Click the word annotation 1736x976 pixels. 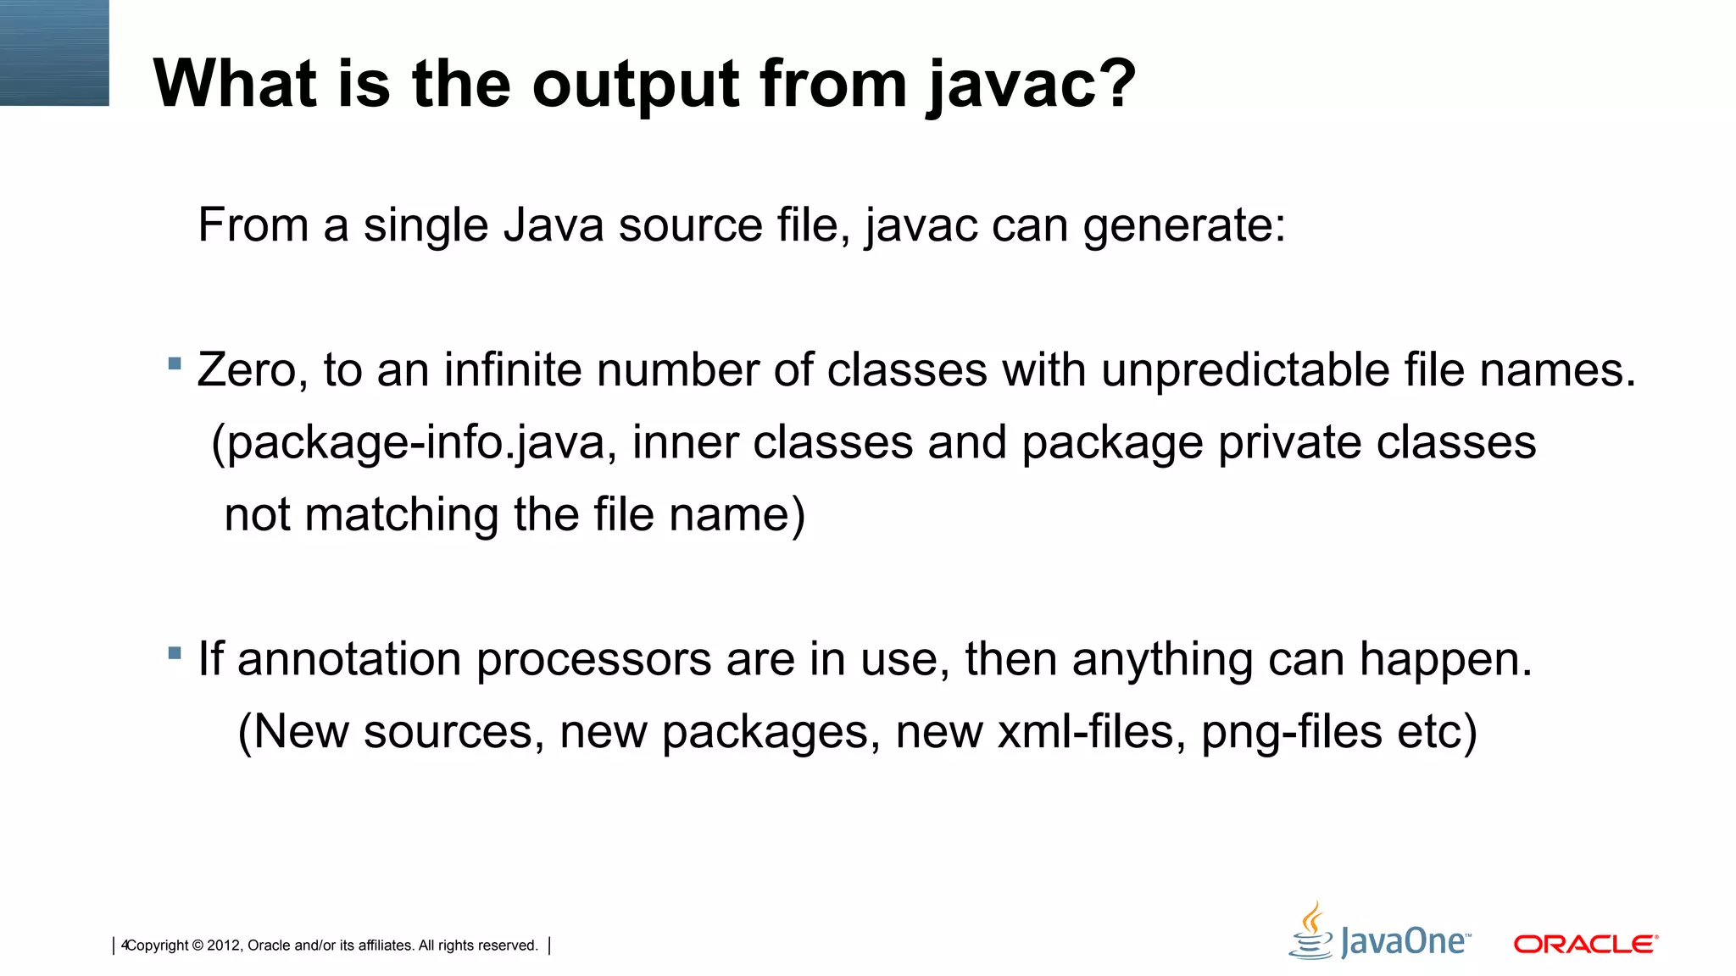point(349,659)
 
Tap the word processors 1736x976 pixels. point(593,659)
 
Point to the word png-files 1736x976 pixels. point(1291,732)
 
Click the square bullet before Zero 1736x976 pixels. point(175,363)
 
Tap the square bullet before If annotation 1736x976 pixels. point(175,652)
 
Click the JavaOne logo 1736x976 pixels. point(1380,933)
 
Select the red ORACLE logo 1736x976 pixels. point(1585,944)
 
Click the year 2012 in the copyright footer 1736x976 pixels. point(223,945)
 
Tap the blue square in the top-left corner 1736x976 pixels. point(54,53)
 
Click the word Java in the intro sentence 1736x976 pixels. point(552,225)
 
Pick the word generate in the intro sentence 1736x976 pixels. point(1183,225)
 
